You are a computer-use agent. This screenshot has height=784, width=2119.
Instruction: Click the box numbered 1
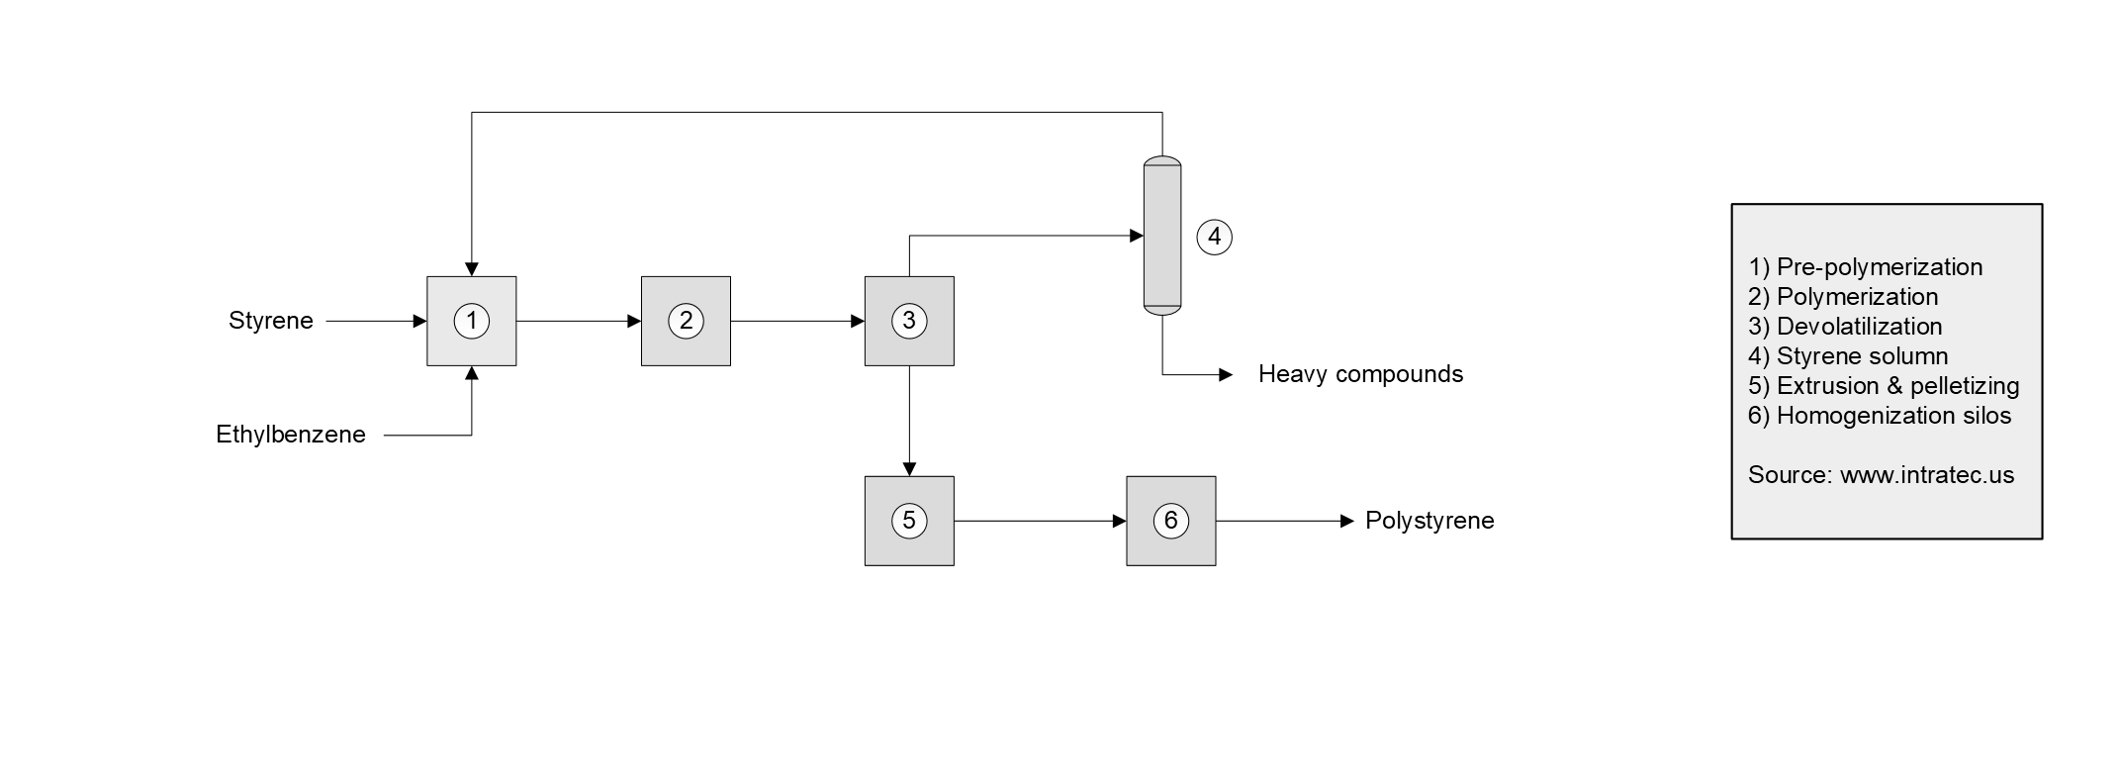471,321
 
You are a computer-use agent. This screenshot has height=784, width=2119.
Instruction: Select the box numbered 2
686,321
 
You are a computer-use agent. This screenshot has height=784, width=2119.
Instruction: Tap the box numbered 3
909,321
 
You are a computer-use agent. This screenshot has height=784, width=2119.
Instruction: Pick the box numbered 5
909,521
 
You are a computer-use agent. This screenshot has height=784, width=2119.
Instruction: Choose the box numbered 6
1170,521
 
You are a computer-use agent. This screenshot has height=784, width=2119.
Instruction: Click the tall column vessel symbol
1162,236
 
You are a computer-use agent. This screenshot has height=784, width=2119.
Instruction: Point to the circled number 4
1215,237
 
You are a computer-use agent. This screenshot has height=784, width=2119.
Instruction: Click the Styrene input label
270,321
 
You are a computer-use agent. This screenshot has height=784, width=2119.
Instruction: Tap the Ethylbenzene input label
291,435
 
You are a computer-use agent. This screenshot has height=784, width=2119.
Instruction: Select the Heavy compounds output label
1360,374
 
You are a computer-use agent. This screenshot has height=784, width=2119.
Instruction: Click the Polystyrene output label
1429,521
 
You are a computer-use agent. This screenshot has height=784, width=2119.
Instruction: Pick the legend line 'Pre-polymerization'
1865,267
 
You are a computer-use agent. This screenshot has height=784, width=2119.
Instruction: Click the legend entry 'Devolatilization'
1845,327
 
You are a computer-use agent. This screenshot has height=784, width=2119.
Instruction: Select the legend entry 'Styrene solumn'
1848,356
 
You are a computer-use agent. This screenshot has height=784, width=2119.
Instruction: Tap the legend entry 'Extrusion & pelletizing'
1884,386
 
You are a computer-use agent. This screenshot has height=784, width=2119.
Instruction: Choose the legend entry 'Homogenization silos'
1880,416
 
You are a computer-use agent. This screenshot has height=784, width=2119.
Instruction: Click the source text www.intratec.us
1926,475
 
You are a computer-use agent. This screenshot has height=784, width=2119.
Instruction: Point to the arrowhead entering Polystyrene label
1347,521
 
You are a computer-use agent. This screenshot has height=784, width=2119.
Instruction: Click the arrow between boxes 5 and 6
1040,521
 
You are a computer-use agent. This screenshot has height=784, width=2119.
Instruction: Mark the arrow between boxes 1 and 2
579,321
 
